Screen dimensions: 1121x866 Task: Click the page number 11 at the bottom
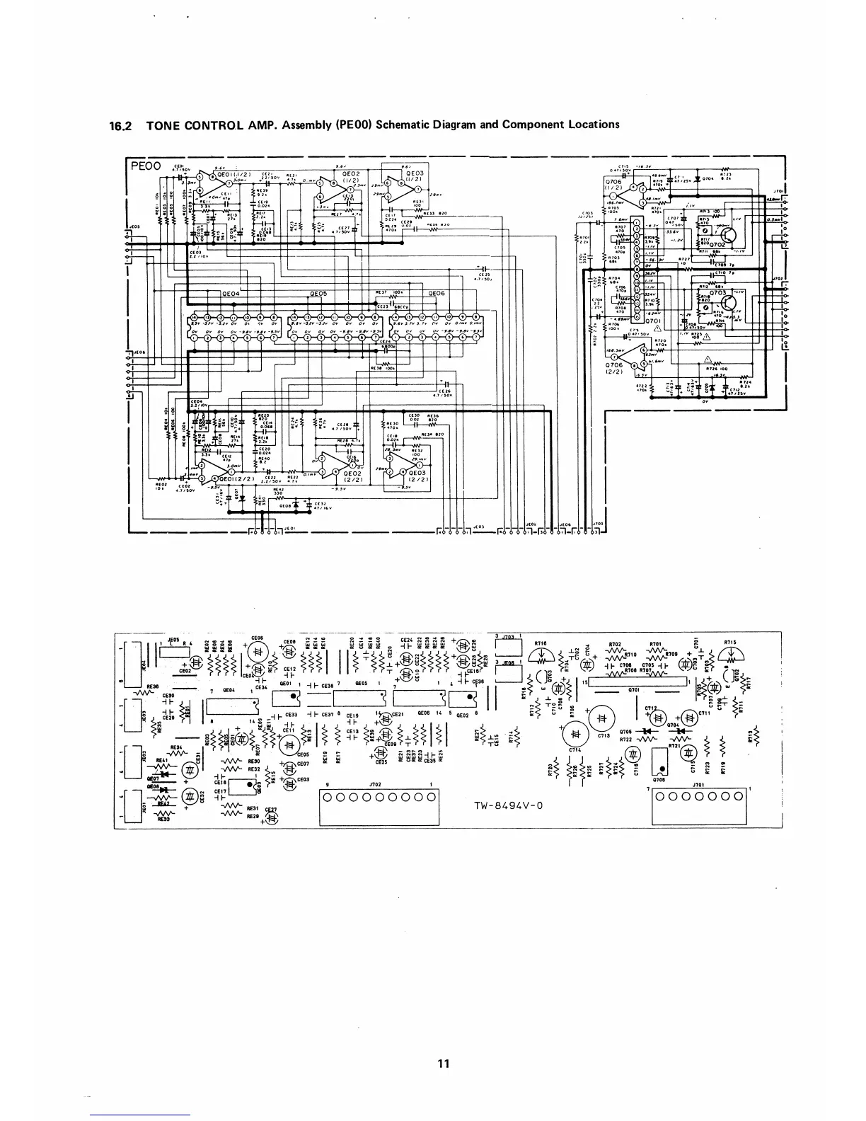click(x=444, y=1063)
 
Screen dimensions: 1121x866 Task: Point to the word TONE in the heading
click(x=164, y=125)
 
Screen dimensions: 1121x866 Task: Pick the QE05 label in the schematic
click(x=318, y=294)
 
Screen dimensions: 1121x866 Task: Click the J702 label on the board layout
click(x=376, y=785)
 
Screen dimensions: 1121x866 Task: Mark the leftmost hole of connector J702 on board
click(x=328, y=798)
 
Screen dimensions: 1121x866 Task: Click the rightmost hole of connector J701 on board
click(x=738, y=798)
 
